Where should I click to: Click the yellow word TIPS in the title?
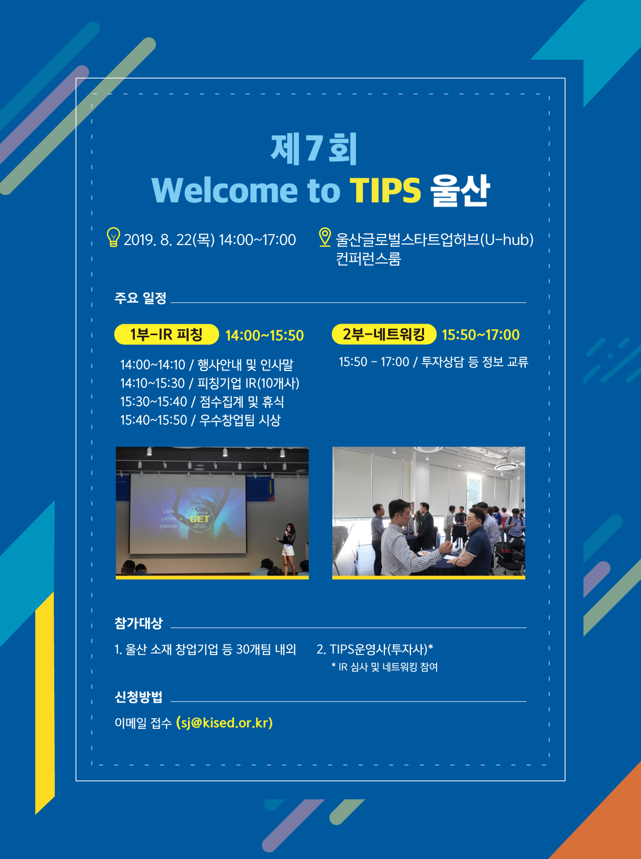(x=385, y=191)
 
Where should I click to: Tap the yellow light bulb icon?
(x=113, y=237)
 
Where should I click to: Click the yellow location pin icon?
(x=325, y=237)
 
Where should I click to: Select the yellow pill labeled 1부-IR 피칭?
(x=166, y=334)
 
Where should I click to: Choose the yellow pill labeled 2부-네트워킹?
(x=383, y=334)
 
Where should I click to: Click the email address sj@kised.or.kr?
(x=224, y=723)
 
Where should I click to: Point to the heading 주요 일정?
(x=141, y=298)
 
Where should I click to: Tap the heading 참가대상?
(x=139, y=623)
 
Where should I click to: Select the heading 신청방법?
(x=139, y=697)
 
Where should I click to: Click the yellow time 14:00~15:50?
(x=265, y=335)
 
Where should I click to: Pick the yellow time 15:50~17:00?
(x=481, y=335)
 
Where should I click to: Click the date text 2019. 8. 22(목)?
(x=170, y=240)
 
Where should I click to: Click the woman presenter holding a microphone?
(x=288, y=549)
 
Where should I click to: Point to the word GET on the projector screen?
(x=200, y=519)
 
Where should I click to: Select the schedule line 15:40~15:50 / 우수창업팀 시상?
(x=200, y=421)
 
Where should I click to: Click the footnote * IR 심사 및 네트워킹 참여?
(x=384, y=667)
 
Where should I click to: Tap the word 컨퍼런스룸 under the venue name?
(x=368, y=259)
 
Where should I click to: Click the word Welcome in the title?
(x=225, y=191)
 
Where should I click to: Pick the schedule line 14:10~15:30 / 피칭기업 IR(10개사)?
(x=210, y=383)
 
